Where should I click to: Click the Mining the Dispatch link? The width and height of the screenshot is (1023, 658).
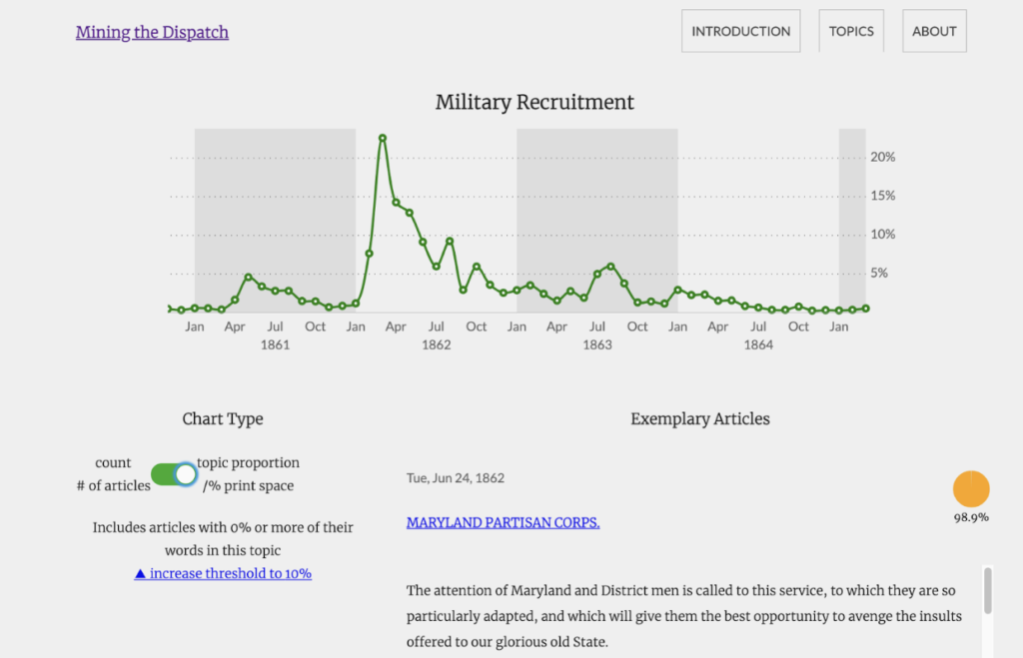tap(152, 32)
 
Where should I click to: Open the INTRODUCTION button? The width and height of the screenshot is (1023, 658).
tap(740, 31)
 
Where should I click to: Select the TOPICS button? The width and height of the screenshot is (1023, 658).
tap(851, 31)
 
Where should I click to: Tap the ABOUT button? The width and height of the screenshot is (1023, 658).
tap(934, 31)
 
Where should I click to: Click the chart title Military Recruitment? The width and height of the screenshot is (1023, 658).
tap(534, 103)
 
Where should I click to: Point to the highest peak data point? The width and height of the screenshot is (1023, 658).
tap(383, 138)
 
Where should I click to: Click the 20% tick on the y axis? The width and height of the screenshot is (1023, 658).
tap(883, 157)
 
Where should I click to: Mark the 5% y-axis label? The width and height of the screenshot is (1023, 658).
tap(879, 274)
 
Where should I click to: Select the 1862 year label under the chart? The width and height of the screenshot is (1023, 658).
tap(436, 345)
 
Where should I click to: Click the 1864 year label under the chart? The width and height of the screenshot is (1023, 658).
tap(758, 345)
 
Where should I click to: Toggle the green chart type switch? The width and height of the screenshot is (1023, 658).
tap(174, 474)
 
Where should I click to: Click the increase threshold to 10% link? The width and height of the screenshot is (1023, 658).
tap(223, 574)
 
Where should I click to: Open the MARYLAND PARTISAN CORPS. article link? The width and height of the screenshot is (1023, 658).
tap(504, 523)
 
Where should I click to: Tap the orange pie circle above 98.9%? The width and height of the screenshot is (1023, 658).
tap(971, 489)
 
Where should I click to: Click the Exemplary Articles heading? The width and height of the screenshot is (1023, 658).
tap(700, 418)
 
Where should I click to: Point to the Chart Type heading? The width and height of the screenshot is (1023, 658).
tap(223, 418)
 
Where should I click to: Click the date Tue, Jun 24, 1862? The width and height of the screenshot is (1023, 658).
tap(456, 478)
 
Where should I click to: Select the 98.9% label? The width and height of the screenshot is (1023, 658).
tap(971, 518)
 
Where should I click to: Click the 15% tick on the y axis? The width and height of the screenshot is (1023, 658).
tap(883, 196)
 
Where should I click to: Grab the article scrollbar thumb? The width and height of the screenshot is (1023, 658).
tap(988, 591)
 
